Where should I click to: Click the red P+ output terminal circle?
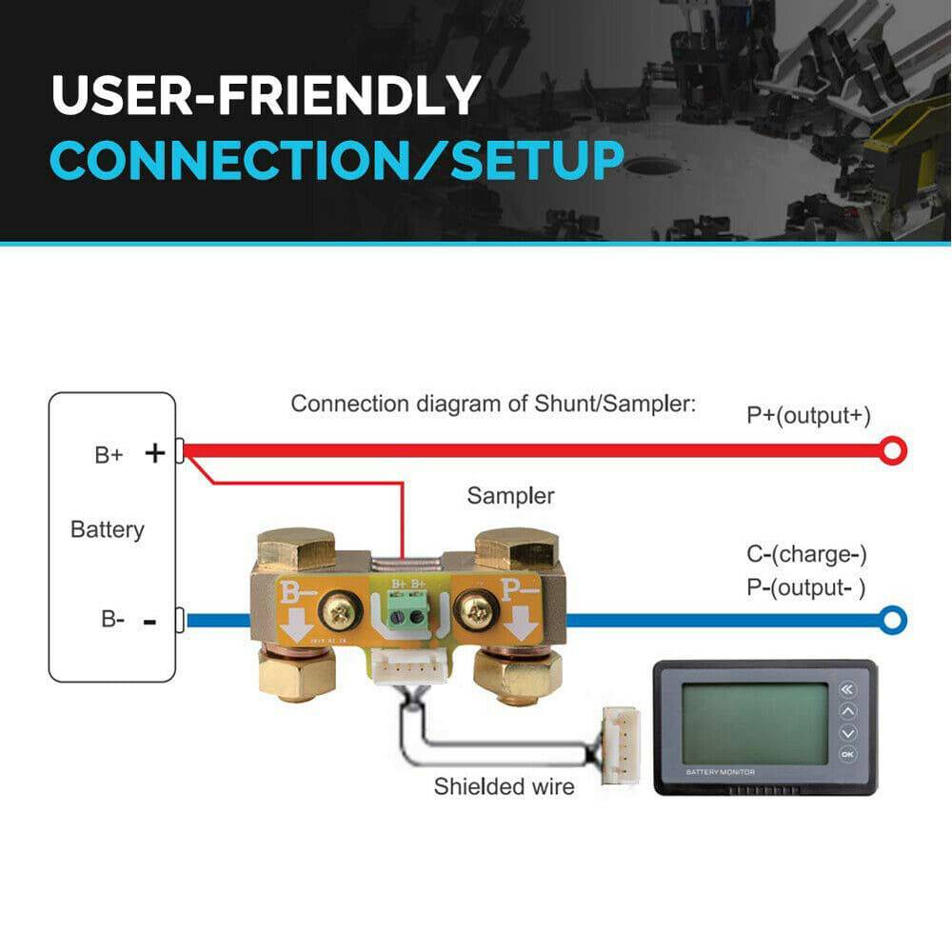(892, 450)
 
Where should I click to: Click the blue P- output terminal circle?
(892, 622)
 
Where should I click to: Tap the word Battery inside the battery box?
(108, 529)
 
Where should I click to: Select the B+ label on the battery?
(109, 455)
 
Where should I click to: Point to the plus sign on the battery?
(154, 454)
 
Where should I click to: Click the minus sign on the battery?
(149, 622)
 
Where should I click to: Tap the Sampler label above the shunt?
(510, 496)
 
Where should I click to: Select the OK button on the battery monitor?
(846, 755)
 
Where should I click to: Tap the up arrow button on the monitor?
(846, 711)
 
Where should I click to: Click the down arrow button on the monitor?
(846, 733)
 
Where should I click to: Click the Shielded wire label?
(504, 787)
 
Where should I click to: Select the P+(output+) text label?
(808, 415)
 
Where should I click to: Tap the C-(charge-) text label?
(806, 554)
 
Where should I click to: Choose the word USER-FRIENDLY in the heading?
(266, 95)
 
